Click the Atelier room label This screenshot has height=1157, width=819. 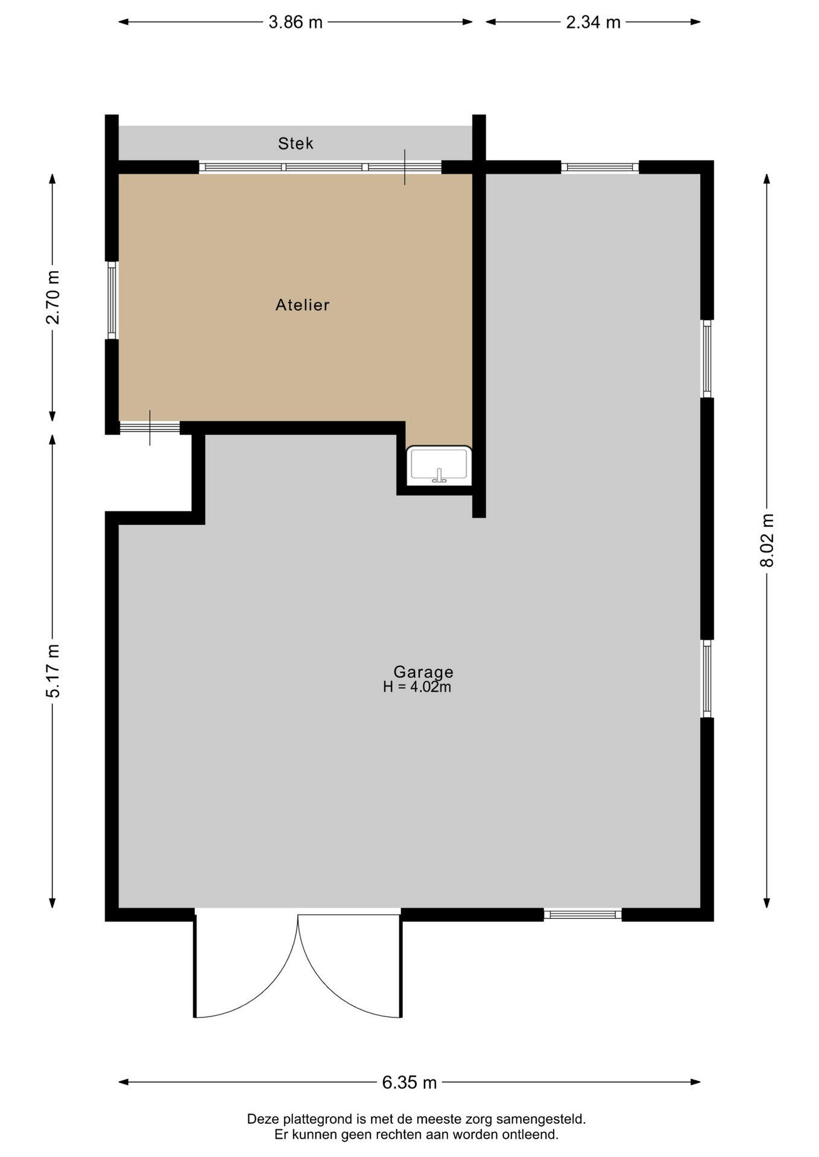click(302, 305)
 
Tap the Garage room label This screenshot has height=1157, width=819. click(423, 672)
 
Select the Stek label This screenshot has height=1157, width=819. click(296, 143)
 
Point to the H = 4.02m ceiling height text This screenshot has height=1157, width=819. click(417, 687)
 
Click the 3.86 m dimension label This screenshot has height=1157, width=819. click(296, 22)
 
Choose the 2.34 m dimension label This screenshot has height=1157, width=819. click(593, 22)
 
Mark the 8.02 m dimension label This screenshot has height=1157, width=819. click(767, 540)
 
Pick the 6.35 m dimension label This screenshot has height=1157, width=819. click(409, 1083)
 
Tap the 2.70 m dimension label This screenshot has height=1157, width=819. click(53, 297)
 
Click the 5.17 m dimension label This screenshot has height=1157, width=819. click(53, 671)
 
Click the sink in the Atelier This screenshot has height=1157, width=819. click(439, 465)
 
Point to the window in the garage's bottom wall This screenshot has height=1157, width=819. click(583, 915)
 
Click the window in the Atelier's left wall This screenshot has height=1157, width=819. click(112, 300)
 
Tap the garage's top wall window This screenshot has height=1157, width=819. click(600, 167)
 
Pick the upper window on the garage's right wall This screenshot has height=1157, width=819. click(707, 359)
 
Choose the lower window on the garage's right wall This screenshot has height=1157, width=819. click(707, 679)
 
